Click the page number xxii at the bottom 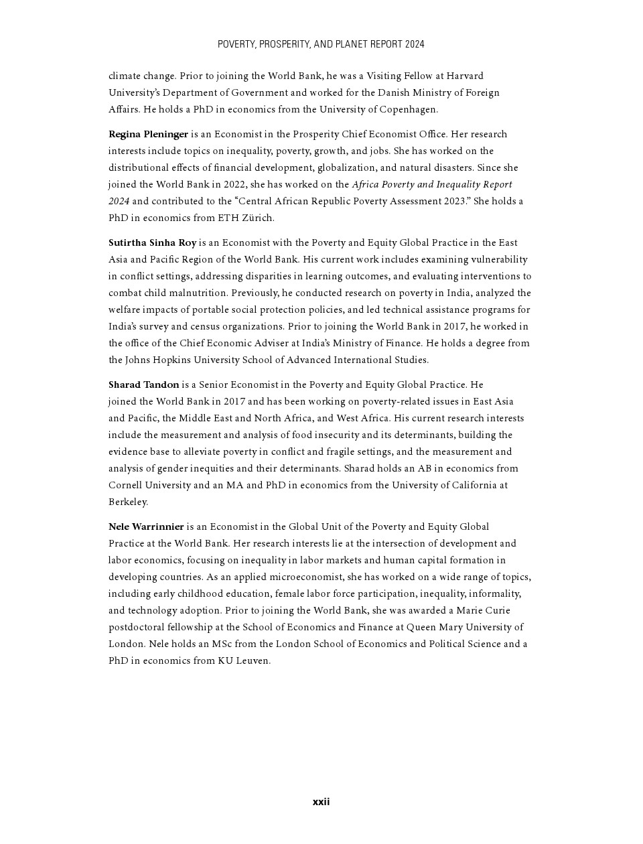coord(321,802)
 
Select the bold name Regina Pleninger coord(148,134)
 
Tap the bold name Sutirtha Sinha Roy coord(152,242)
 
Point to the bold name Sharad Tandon coord(143,384)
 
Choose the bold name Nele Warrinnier coord(146,526)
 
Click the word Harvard coord(465,76)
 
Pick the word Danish coord(392,92)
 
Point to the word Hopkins coord(171,360)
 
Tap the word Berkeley coord(127,502)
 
